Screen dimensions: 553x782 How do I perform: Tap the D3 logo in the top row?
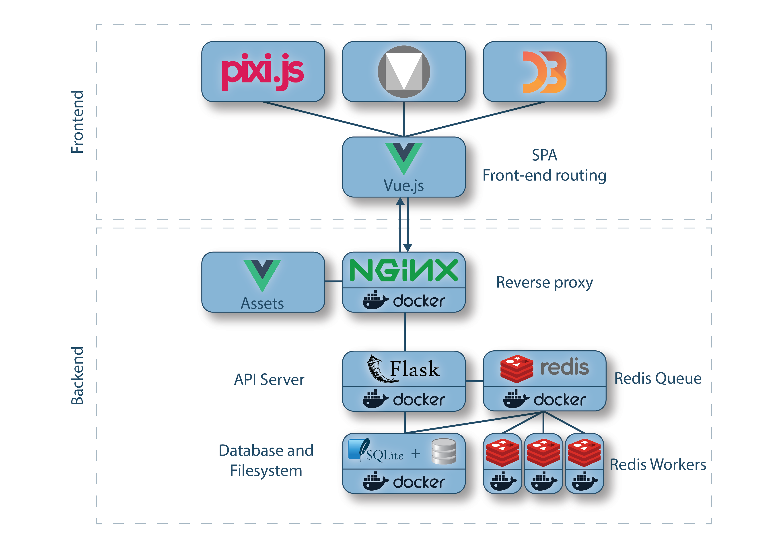point(544,72)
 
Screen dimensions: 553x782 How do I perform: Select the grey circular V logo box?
point(404,72)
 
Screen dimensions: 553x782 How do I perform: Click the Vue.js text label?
point(404,186)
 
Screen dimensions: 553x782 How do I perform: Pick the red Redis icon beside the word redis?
point(516,369)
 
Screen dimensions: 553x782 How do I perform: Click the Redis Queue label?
point(658,378)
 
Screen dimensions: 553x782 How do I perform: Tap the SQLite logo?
point(376,452)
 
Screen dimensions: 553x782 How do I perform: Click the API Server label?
point(269,380)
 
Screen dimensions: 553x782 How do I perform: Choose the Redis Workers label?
point(658,465)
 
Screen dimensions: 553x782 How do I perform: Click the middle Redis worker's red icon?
point(543,452)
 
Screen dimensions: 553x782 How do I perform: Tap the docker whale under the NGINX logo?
point(375,300)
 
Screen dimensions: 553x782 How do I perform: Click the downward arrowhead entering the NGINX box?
point(408,248)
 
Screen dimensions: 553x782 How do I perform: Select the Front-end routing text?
point(544,176)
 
